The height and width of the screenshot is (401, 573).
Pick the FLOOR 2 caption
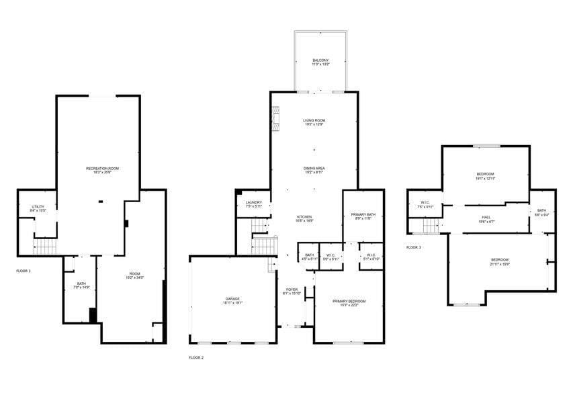coord(196,357)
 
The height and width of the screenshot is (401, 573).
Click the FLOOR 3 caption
coord(414,247)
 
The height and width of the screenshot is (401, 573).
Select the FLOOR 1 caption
coord(24,271)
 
